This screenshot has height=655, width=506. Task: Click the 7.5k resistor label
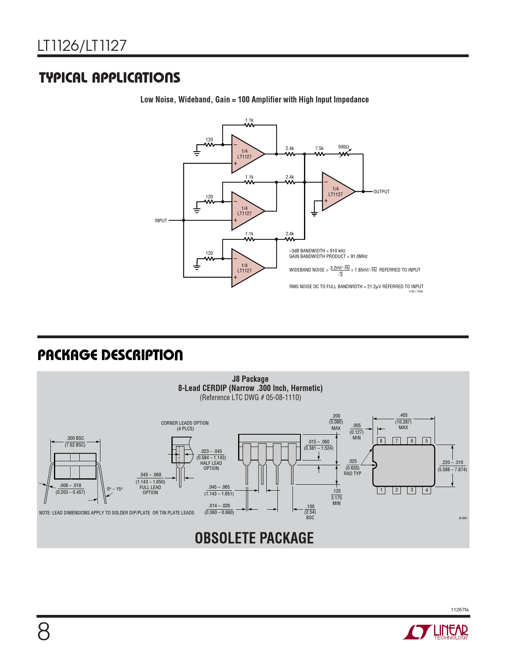[x=319, y=148]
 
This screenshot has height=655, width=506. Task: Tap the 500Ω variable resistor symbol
[x=344, y=154]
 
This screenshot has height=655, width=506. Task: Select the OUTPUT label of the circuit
[x=381, y=192]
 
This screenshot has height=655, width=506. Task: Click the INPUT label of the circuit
[x=161, y=221]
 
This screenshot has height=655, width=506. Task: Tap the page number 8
[x=44, y=632]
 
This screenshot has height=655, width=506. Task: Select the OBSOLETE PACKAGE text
[x=254, y=538]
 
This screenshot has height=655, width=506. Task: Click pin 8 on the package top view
[x=381, y=441]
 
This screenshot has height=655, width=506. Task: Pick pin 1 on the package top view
[x=381, y=490]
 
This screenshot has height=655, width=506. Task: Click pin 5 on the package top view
[x=427, y=441]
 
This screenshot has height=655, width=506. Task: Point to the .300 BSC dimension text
[x=75, y=438]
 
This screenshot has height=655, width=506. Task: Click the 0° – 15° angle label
[x=115, y=489]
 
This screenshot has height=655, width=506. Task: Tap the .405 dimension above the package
[x=403, y=415]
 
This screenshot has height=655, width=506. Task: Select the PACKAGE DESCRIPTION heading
[x=110, y=355]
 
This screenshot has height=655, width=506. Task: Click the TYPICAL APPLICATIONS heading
[x=110, y=77]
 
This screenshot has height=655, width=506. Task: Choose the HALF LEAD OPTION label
[x=211, y=466]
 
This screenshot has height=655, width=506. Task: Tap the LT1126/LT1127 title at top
[x=82, y=46]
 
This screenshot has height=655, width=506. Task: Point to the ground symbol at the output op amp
[x=314, y=214]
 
